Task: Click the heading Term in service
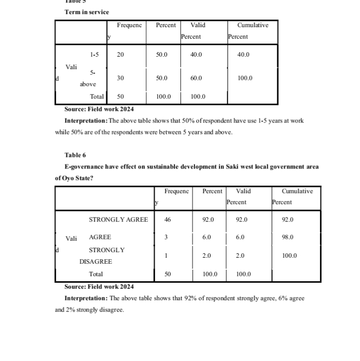click(86, 12)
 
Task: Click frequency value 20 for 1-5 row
click(120, 55)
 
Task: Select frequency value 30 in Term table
click(120, 78)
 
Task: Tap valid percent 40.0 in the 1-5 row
click(196, 55)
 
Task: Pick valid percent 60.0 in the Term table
click(196, 78)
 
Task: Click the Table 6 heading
click(75, 155)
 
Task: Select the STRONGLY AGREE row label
click(118, 220)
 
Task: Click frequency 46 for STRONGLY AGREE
click(168, 220)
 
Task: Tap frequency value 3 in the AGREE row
click(166, 237)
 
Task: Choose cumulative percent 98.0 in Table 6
click(288, 237)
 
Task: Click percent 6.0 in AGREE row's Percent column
click(207, 237)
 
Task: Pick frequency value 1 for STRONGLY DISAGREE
click(166, 256)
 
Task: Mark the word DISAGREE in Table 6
click(95, 262)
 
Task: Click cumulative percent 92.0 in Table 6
click(288, 220)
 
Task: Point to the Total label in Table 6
click(96, 274)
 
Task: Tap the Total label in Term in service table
click(97, 96)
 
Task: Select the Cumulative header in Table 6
click(297, 191)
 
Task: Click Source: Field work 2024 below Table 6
click(99, 287)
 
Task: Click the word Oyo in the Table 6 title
click(68, 177)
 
